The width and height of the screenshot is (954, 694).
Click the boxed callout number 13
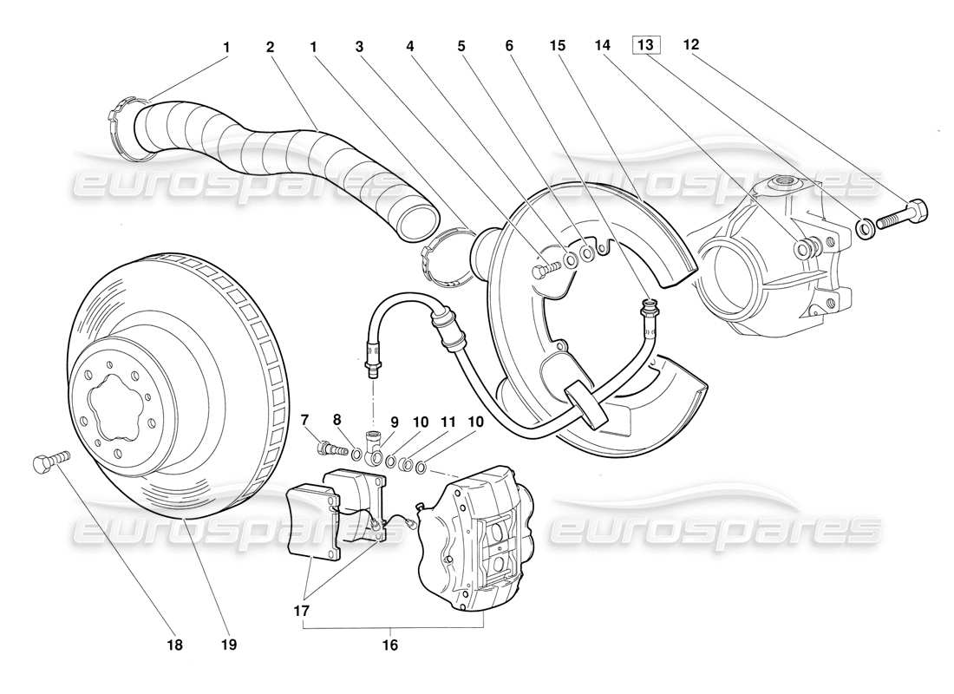pyautogui.click(x=646, y=44)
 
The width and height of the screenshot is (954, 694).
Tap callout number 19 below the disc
pyautogui.click(x=229, y=645)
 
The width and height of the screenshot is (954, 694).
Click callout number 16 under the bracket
pyautogui.click(x=390, y=645)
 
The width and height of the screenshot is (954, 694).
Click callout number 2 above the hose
pyautogui.click(x=271, y=48)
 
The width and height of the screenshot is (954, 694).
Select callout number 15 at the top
pyautogui.click(x=559, y=48)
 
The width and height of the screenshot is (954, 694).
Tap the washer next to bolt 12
pyautogui.click(x=864, y=227)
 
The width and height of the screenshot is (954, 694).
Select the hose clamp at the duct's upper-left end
pyautogui.click(x=126, y=130)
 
